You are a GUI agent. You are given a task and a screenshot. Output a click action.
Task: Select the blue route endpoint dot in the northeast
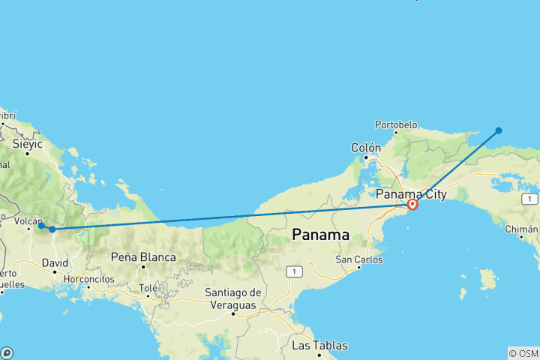pyautogui.click(x=499, y=130)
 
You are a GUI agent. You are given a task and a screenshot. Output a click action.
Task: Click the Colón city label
pyautogui.click(x=366, y=148)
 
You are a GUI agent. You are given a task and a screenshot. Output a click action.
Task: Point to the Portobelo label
pyautogui.click(x=396, y=124)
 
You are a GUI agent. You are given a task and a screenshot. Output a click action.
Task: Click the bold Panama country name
pyautogui.click(x=320, y=234)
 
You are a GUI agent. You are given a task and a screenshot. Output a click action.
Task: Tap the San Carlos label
pyautogui.click(x=358, y=259)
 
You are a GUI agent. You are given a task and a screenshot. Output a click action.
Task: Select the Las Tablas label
pyautogui.click(x=319, y=346)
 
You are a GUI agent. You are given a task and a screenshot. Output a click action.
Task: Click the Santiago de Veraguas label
pyautogui.click(x=233, y=298)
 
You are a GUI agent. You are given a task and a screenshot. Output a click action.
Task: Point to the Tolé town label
pyautogui.click(x=148, y=287)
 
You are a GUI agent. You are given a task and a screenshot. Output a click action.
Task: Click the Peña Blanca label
pyautogui.click(x=142, y=257)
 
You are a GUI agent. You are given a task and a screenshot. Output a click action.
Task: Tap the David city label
pyautogui.click(x=54, y=263)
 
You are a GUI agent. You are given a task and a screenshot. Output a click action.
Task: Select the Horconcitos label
pyautogui.click(x=88, y=278)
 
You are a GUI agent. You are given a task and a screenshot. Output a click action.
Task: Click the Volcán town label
pyautogui.click(x=27, y=221)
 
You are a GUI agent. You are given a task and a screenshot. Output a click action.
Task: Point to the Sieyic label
pyautogui.click(x=27, y=142)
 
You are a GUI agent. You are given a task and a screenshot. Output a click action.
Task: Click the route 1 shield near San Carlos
pyautogui.click(x=297, y=271)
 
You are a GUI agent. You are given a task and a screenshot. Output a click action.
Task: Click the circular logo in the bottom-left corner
pyautogui.click(x=7, y=352)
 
